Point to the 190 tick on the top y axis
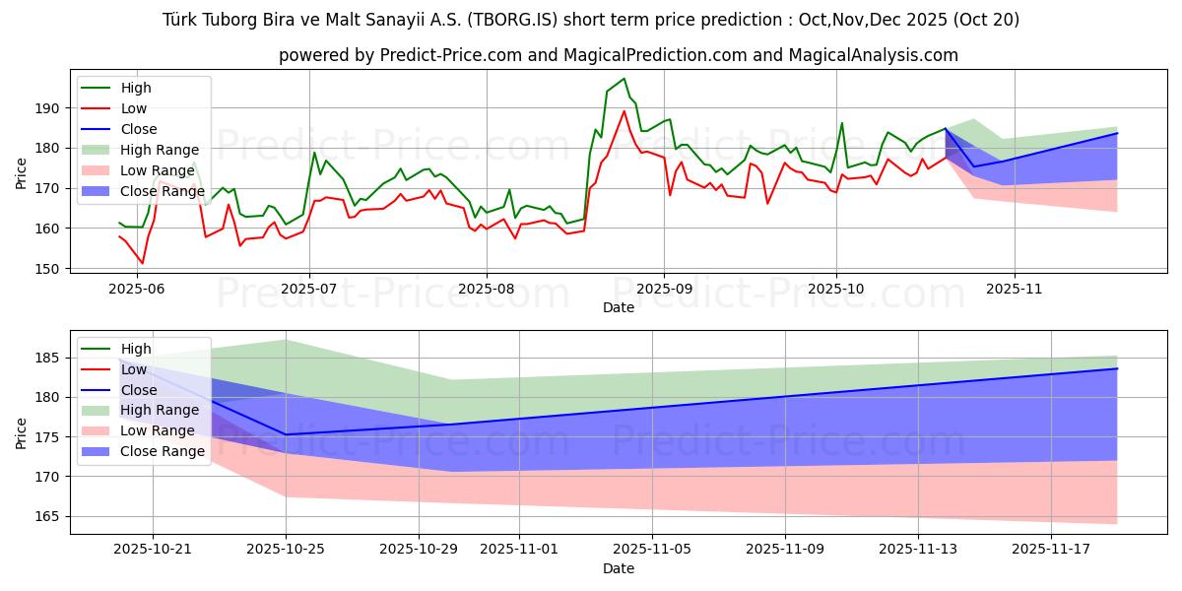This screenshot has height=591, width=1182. click(47, 108)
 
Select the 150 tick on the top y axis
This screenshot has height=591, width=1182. click(47, 269)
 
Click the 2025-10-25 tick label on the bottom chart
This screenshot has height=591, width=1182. click(286, 550)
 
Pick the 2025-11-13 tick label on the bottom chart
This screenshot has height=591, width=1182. click(918, 550)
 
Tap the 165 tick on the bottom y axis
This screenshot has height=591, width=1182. click(47, 517)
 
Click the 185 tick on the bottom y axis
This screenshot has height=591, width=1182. click(47, 358)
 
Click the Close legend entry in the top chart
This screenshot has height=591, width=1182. click(137, 129)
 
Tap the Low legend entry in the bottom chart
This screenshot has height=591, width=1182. click(136, 369)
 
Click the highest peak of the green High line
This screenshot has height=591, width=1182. click(624, 79)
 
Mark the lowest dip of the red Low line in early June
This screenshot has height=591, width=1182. click(142, 263)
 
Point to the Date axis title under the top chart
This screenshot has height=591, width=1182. click(619, 308)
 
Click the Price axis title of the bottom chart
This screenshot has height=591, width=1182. click(22, 432)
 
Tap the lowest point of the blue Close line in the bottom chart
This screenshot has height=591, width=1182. click(286, 434)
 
